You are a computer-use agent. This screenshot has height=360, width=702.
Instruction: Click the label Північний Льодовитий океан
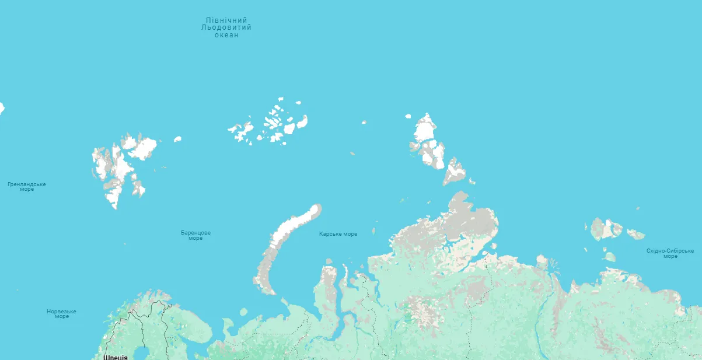point(226,27)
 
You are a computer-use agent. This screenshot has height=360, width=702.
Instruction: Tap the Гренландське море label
point(26,187)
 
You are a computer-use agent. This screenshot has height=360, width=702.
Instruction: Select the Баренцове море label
point(195,235)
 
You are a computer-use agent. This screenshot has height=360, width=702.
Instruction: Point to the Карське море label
point(338,234)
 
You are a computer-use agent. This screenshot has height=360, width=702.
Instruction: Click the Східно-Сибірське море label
point(670,253)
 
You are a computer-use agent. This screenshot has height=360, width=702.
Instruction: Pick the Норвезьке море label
point(61,314)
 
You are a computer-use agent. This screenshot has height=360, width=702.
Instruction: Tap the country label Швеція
point(115,356)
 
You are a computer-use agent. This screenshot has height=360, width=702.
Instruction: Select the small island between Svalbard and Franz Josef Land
point(177,139)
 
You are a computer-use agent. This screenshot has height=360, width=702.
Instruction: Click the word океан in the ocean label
point(226,35)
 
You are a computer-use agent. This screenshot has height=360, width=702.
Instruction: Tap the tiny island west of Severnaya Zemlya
point(364,123)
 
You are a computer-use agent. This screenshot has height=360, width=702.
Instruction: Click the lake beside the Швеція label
point(140,354)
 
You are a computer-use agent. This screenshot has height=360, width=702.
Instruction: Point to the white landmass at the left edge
point(2,108)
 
